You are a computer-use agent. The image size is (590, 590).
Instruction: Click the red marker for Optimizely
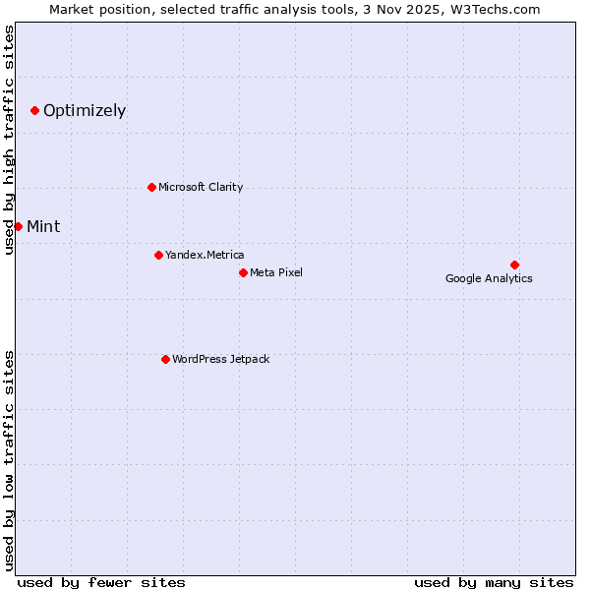point(34,110)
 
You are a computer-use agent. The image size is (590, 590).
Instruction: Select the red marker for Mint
point(18,226)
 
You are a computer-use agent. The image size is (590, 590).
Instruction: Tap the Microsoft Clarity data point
point(151,187)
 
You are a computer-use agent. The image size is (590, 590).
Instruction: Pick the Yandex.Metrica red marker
point(158,255)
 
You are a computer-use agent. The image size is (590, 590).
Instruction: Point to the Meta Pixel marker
point(243,272)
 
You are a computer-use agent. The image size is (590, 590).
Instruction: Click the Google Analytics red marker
point(514,265)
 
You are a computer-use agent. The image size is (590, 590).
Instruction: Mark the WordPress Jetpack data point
point(165,359)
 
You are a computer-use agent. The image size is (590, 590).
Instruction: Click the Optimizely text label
point(85,110)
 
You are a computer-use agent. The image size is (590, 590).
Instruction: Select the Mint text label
point(43,226)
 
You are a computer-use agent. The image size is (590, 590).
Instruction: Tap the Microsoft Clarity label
point(201,187)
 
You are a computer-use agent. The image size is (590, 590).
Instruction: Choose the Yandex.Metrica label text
point(205,255)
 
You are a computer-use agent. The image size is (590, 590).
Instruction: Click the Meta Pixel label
point(276,272)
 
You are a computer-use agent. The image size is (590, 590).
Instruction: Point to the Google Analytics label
point(489,278)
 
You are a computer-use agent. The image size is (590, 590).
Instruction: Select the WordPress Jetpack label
point(220,359)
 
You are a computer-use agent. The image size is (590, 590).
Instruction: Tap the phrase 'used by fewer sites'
point(101,582)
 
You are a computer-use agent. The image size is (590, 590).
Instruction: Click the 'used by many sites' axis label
point(494,582)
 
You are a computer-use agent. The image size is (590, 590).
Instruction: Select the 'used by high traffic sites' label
point(9,140)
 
